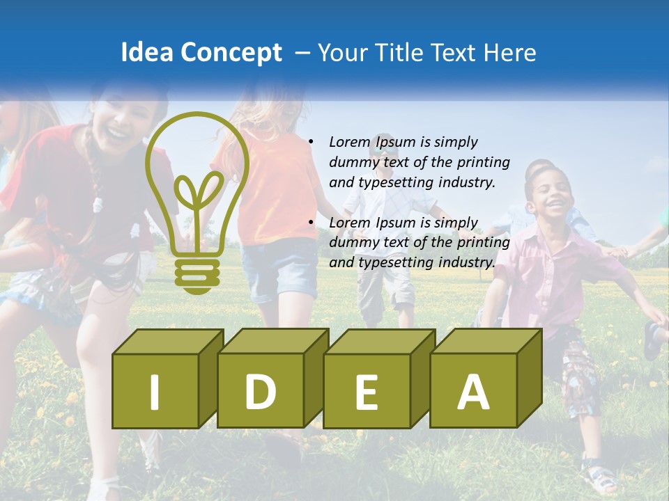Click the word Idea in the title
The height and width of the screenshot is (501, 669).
(x=147, y=53)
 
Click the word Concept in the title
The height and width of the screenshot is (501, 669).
(x=231, y=54)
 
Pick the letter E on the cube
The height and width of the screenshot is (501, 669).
(x=367, y=392)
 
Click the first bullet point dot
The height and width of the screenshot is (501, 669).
(x=311, y=142)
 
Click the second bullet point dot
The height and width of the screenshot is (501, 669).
(x=311, y=223)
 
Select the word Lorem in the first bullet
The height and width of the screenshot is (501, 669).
(x=351, y=142)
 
